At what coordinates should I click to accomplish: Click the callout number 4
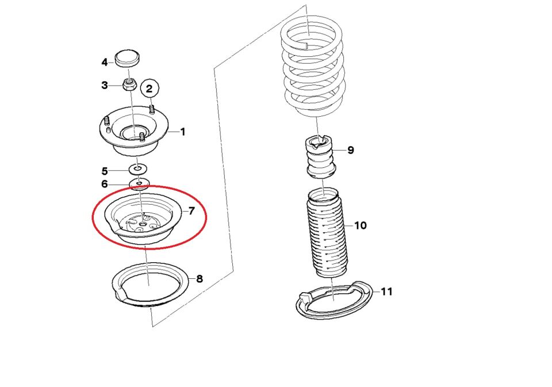(x=104, y=62)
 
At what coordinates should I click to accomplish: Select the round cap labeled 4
(x=128, y=59)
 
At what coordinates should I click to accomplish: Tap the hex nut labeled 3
(x=129, y=84)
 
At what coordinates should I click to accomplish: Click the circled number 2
(x=149, y=89)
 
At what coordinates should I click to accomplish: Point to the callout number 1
(x=183, y=132)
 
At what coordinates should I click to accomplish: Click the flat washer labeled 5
(x=137, y=169)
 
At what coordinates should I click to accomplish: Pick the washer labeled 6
(x=140, y=183)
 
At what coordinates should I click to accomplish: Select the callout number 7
(x=191, y=211)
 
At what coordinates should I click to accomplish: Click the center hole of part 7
(x=142, y=223)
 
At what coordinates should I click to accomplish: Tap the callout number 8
(x=200, y=279)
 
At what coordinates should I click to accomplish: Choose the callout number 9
(x=351, y=150)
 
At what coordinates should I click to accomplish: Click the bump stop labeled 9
(x=320, y=157)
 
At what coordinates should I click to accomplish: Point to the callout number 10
(x=361, y=225)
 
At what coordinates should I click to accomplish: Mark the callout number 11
(x=386, y=292)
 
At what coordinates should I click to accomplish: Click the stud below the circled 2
(x=152, y=109)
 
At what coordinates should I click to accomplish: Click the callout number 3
(x=104, y=85)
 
